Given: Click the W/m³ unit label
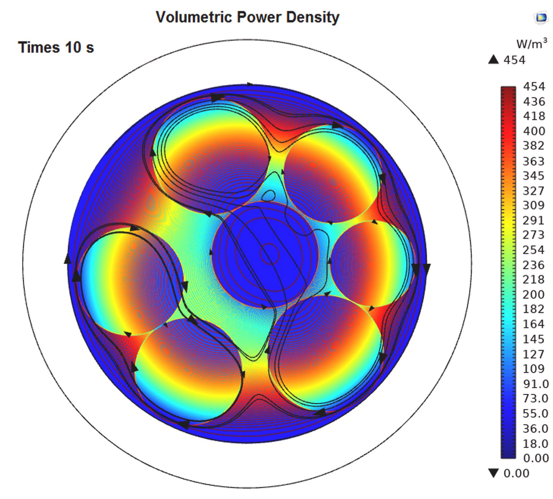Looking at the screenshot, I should pos(532,44).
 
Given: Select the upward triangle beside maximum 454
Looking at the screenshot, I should pos(493,60).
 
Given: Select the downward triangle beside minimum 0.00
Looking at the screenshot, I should pos(493,473).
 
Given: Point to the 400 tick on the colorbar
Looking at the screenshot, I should pos(534,131).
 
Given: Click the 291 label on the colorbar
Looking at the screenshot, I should pos(533,220).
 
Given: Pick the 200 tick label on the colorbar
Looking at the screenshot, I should pos(533,295).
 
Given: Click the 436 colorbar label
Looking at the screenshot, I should pos(534,102).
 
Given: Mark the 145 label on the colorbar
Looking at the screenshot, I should pos(533,339).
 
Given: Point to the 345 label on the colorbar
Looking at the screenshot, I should pos(533,176).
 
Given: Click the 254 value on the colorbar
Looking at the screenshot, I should pos(533,250).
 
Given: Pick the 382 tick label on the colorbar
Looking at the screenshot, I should pos(533,146).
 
